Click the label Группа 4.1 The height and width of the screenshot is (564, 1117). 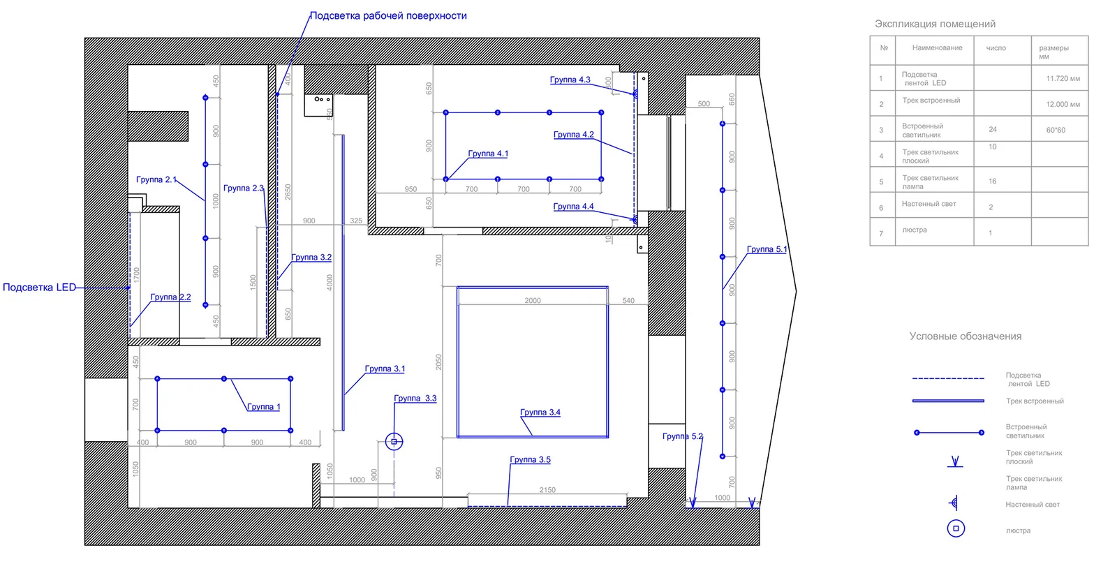pyautogui.click(x=488, y=154)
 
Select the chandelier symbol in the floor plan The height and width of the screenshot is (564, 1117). pyautogui.click(x=394, y=441)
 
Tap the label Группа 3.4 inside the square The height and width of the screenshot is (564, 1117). pyautogui.click(x=540, y=413)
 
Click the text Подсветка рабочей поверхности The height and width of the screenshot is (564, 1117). pyautogui.click(x=388, y=15)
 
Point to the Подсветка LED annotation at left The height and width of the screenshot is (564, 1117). pyautogui.click(x=39, y=287)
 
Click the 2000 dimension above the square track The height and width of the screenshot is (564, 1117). pyautogui.click(x=533, y=300)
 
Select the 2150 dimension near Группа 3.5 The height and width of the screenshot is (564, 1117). pyautogui.click(x=547, y=490)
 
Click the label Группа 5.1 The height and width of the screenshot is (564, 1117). pyautogui.click(x=767, y=249)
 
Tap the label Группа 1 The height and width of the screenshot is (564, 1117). pyautogui.click(x=263, y=407)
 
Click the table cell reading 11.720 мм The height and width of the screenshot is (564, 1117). pyautogui.click(x=1063, y=79)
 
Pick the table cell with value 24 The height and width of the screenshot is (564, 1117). pyautogui.click(x=993, y=129)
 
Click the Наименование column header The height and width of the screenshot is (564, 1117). pyautogui.click(x=937, y=48)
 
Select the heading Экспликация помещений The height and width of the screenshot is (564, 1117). pyautogui.click(x=935, y=24)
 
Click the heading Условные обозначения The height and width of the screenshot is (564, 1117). pyautogui.click(x=965, y=336)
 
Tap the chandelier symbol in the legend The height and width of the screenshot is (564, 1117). pyautogui.click(x=956, y=528)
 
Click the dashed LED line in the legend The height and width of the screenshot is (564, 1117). pyautogui.click(x=947, y=378)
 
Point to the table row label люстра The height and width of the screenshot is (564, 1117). pyautogui.click(x=914, y=230)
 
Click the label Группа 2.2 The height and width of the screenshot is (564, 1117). pyautogui.click(x=170, y=297)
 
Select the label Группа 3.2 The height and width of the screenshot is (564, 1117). pyautogui.click(x=311, y=258)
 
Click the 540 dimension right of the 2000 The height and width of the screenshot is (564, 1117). pyautogui.click(x=628, y=300)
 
